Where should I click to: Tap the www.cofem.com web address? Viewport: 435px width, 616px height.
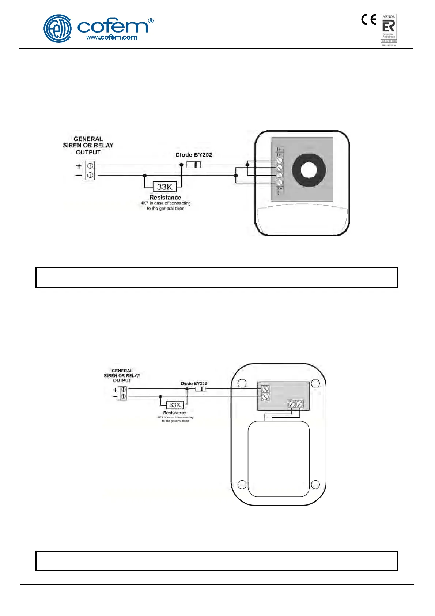(112, 37)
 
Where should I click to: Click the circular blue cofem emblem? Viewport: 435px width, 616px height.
(57, 29)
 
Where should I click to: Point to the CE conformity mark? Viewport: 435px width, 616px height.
(368, 19)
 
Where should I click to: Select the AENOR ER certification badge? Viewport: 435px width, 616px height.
(389, 29)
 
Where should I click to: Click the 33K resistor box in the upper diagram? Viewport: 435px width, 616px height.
(164, 187)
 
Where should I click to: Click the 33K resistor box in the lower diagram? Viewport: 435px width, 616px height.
(175, 405)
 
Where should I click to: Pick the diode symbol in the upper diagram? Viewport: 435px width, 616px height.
(194, 165)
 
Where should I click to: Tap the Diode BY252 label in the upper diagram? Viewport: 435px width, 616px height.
(194, 155)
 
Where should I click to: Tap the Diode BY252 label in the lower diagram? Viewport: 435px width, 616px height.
(194, 383)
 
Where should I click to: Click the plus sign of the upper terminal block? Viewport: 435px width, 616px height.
(79, 166)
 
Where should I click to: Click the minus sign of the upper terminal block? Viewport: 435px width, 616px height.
(79, 176)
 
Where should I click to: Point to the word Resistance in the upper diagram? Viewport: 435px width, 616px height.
(165, 197)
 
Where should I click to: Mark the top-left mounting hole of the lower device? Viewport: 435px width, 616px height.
(242, 383)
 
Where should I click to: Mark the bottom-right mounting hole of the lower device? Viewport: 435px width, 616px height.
(315, 485)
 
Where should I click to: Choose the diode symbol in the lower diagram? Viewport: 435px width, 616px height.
(200, 389)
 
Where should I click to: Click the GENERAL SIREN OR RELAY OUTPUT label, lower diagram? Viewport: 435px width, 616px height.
(122, 375)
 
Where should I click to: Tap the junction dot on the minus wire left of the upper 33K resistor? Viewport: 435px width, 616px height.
(145, 176)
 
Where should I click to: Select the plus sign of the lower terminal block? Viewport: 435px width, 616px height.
(115, 390)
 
